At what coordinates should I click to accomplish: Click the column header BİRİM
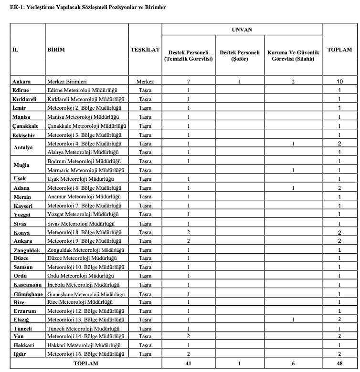pos(56,50)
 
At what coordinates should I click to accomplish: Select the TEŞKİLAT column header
pos(145,50)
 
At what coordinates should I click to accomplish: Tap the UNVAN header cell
pos(242,30)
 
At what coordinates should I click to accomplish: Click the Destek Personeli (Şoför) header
pos(239,56)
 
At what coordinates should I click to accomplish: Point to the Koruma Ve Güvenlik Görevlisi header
pos(293,56)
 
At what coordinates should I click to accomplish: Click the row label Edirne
pos(21,90)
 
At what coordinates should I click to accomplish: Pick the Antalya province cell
pos(23,148)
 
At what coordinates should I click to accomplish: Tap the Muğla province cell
pos(21,165)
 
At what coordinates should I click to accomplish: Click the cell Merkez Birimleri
pos(67,82)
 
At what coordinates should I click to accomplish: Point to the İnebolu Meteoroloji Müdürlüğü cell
pos(85,285)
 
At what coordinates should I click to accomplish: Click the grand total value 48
pos(339,363)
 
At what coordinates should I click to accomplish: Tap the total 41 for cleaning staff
pos(189,363)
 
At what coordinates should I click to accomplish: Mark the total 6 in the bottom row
pos(293,363)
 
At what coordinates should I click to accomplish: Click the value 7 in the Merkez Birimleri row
pos(189,82)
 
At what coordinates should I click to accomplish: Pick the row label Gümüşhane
pos(28,294)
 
